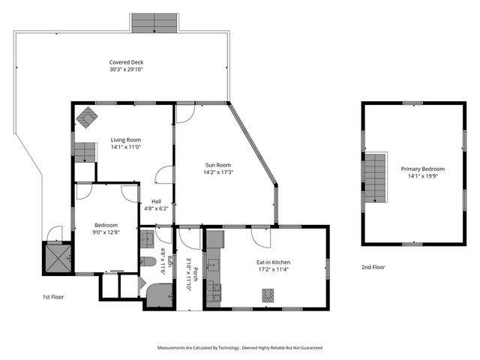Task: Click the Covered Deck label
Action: point(126,62)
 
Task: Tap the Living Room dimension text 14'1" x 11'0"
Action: point(126,147)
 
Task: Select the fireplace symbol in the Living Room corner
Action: point(88,117)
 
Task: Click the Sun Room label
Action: point(218,164)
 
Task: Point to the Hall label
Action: point(156,201)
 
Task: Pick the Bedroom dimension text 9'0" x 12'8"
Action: point(105,232)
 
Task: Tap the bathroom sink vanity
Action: point(147,239)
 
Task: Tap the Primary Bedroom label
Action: point(426,169)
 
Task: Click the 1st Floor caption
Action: point(52,297)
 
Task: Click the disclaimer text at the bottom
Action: point(239,348)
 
